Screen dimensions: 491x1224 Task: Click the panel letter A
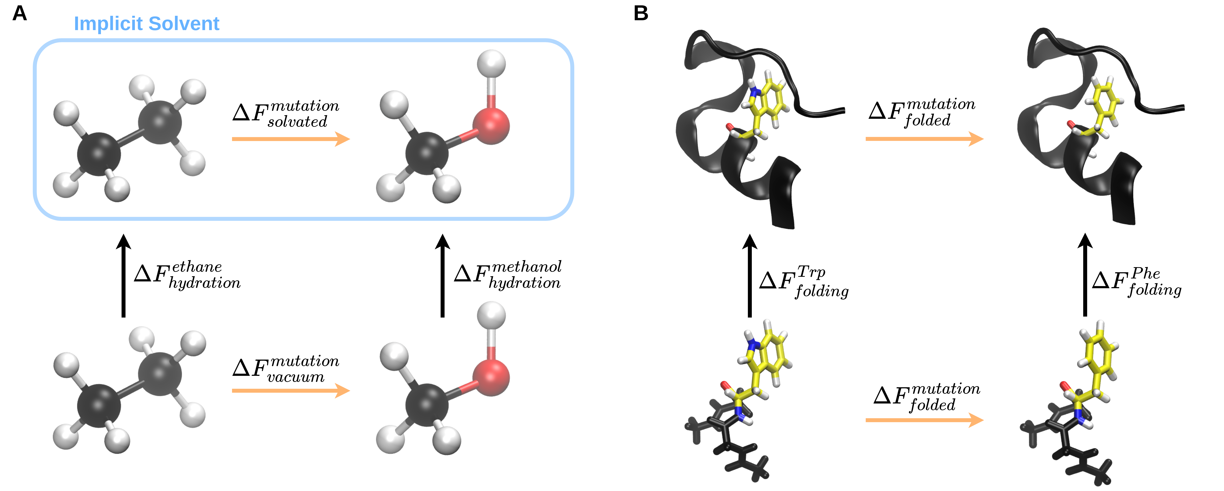click(x=19, y=13)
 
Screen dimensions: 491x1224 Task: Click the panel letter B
click(x=641, y=13)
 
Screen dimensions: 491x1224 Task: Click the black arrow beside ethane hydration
click(x=124, y=276)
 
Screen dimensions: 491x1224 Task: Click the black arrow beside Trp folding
click(x=750, y=276)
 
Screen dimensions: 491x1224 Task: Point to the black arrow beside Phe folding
click(x=1085, y=276)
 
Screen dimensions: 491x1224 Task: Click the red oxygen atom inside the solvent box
click(x=491, y=125)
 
